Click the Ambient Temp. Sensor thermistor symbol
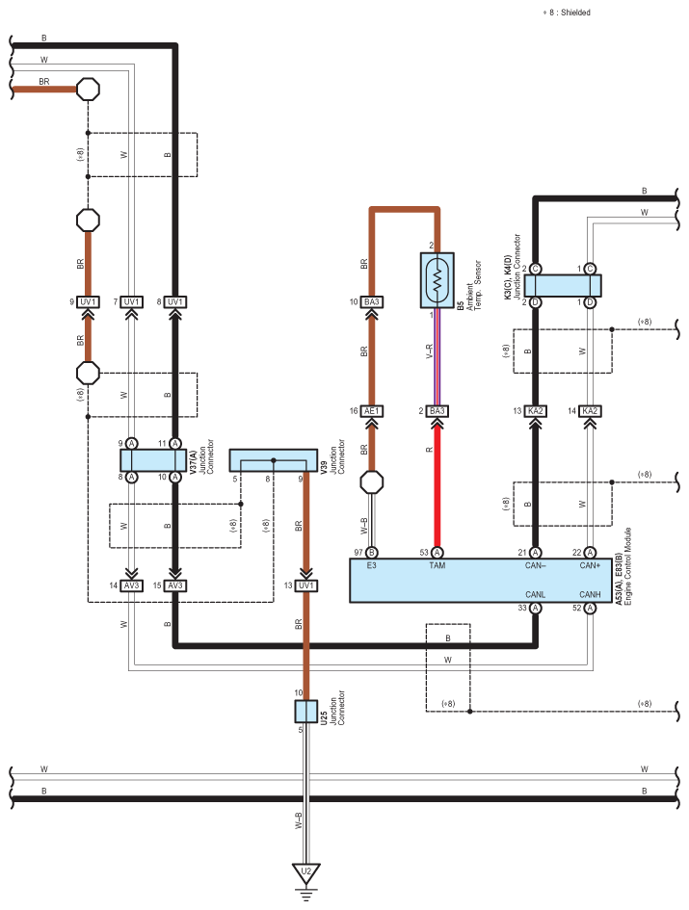437,279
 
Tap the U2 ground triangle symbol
306,873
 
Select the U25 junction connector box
305,712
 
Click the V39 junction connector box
274,459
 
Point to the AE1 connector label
372,411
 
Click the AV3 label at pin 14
131,585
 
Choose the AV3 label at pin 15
174,585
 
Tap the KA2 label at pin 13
536,411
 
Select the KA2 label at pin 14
590,411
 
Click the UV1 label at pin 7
131,302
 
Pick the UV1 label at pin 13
305,585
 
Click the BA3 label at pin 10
372,302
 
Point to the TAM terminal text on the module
437,566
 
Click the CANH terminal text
590,593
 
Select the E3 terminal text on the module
372,566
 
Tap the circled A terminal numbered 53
437,552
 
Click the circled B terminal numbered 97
372,552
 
